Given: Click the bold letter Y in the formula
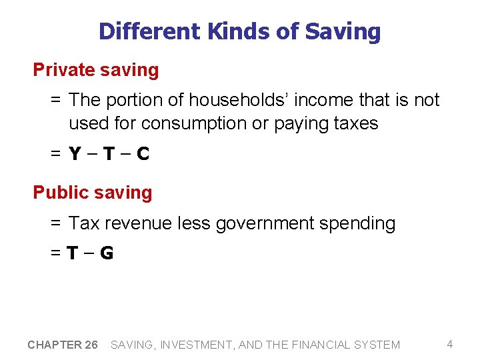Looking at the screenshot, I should (x=75, y=155).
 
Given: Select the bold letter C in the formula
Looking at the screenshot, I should (x=142, y=155).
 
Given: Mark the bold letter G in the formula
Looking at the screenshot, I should (x=106, y=253).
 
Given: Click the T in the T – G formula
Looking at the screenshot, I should (x=73, y=253).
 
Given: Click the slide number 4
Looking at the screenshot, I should (x=450, y=344).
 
